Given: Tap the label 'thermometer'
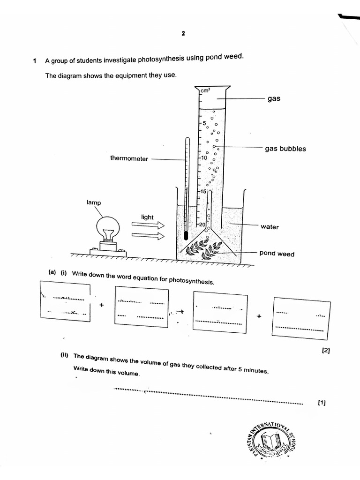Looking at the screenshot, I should [129, 158].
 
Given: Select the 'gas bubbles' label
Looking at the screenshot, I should [285, 149].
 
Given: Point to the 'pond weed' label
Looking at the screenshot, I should [277, 254].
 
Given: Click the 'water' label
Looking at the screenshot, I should [270, 227].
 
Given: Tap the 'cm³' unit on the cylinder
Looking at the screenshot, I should [205, 90].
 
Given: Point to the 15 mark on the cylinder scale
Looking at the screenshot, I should [203, 191].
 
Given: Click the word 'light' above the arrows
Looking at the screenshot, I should [147, 217].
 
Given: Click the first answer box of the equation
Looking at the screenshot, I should [65, 301].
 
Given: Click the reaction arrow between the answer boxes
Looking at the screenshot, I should [180, 312].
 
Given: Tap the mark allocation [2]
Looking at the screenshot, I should [326, 350].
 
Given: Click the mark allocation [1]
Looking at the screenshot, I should [322, 402].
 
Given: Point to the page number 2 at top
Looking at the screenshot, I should [183, 33].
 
